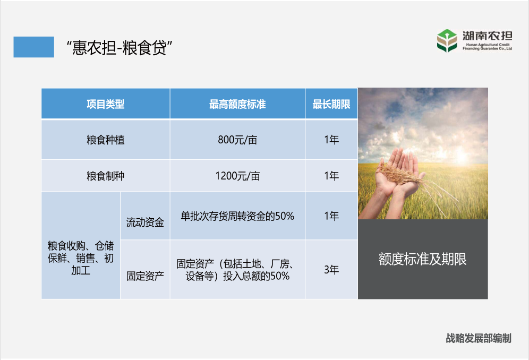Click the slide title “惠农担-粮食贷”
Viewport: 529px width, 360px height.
coord(120,47)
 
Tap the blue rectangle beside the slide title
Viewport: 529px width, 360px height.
coord(34,47)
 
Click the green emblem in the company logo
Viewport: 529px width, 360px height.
coord(447,40)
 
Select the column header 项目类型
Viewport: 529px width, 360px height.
coord(106,104)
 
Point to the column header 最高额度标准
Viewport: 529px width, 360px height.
coord(237,104)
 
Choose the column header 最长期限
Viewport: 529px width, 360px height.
coord(331,104)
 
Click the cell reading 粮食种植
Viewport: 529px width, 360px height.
coord(106,140)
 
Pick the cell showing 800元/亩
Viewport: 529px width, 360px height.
coord(237,140)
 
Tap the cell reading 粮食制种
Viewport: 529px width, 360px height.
coord(106,176)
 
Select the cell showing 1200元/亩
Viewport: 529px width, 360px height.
coord(237,176)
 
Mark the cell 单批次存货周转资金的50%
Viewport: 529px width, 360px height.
coord(237,216)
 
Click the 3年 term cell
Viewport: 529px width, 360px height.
coord(331,270)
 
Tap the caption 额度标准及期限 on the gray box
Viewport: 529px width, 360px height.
coord(422,259)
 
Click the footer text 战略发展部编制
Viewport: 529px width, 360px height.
coord(479,338)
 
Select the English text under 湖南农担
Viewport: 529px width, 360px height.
coord(487,47)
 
